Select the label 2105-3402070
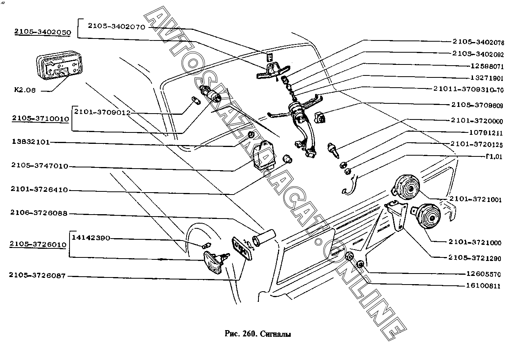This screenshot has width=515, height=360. [117, 27]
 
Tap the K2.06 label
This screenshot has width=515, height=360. [25, 90]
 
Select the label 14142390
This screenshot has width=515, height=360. [91, 238]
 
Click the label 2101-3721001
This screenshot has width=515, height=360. [476, 200]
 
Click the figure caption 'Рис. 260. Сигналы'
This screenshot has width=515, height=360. [258, 334]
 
